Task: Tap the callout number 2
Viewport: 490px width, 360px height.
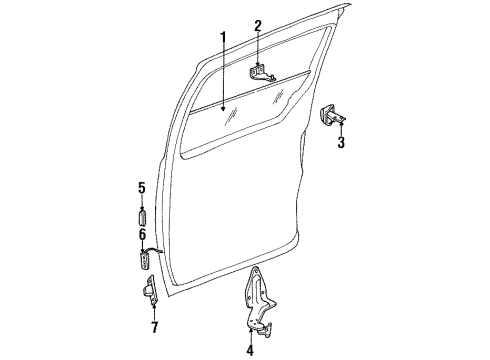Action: (258, 25)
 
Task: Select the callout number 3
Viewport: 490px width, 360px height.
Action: (341, 142)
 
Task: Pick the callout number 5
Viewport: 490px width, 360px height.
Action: (142, 187)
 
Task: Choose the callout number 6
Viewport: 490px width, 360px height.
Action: (142, 233)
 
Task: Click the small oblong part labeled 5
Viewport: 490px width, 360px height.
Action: (142, 218)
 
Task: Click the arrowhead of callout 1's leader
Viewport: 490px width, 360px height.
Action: (224, 106)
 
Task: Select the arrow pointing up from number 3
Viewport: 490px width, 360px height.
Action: (341, 129)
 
